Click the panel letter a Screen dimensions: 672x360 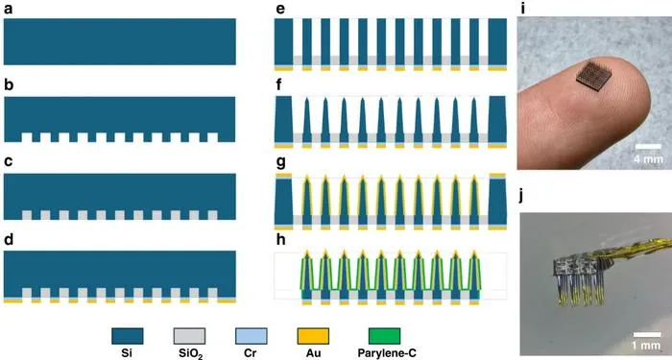(9, 9)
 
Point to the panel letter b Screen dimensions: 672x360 (9, 84)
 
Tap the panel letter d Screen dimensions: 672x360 (9, 240)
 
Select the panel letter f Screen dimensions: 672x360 (279, 84)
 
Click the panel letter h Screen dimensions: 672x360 (280, 240)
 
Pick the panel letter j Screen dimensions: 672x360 (520, 197)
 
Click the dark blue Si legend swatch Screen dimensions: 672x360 (128, 336)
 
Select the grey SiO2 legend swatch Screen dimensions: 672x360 (189, 336)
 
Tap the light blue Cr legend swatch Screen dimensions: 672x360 (252, 336)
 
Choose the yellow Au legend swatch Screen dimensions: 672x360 (313, 336)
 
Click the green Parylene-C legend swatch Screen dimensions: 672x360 (384, 336)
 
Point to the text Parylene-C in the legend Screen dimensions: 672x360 (387, 353)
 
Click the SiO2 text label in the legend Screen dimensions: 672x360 (189, 354)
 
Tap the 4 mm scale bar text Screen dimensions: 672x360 (648, 159)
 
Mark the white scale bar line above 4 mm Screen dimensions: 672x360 (648, 147)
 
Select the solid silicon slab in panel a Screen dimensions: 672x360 (120, 41)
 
